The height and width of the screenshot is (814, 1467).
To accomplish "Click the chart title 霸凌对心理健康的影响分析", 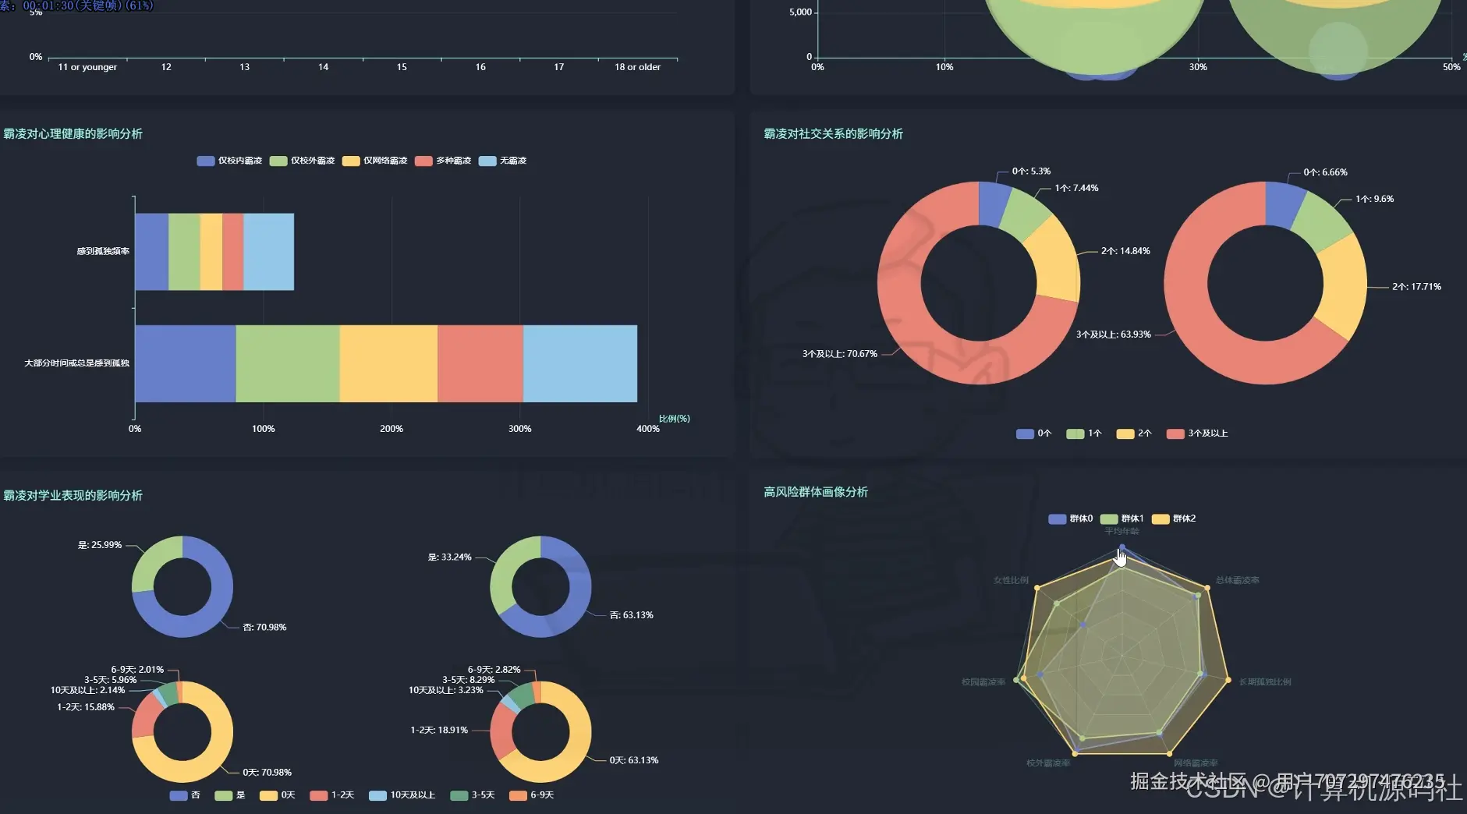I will (73, 134).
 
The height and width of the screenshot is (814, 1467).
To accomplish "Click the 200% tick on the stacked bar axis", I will (392, 429).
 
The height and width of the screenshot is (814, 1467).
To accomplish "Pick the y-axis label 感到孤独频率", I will (103, 251).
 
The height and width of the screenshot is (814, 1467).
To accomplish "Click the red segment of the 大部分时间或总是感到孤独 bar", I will (480, 363).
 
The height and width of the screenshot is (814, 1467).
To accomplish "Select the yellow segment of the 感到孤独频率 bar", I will (211, 251).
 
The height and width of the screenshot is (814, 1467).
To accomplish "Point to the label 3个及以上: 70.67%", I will (840, 354).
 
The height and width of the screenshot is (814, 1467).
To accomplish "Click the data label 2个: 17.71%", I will (1416, 287).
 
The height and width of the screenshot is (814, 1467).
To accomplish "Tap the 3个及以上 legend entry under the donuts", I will (1198, 434).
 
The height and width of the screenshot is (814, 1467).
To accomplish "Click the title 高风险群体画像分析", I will (816, 492).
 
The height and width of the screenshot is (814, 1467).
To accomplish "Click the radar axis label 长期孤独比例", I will (1265, 682).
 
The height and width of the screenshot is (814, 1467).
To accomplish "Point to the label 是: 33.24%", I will (450, 557).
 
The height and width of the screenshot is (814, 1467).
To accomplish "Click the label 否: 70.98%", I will (264, 628).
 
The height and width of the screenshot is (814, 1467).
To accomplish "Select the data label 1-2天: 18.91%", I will (439, 731).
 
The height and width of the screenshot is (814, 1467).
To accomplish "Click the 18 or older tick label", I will (637, 67).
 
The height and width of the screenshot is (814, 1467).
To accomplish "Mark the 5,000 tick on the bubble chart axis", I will (800, 12).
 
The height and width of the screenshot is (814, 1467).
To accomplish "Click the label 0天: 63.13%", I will (634, 760).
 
